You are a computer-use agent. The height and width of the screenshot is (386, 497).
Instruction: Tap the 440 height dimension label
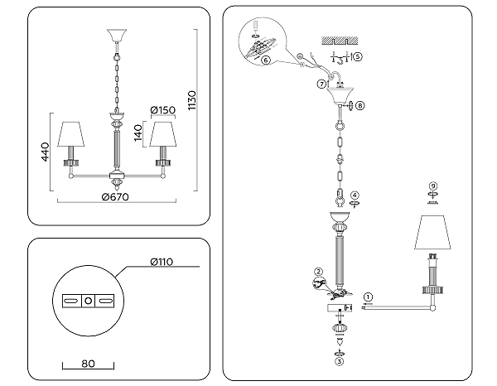(x=46, y=151)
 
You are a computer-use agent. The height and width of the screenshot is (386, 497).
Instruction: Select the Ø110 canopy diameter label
(x=161, y=262)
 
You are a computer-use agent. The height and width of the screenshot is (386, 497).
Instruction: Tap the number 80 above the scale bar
(x=89, y=363)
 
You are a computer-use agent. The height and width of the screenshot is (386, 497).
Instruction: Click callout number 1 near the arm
(x=369, y=297)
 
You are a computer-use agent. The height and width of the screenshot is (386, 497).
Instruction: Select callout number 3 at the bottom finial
(x=337, y=360)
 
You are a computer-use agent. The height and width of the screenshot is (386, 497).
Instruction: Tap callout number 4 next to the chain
(x=355, y=195)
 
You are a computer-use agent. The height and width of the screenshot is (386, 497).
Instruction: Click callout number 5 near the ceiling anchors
(x=356, y=57)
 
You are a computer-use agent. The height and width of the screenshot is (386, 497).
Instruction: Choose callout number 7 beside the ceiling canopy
(x=321, y=84)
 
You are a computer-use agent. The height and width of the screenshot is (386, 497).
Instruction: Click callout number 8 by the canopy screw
(x=360, y=106)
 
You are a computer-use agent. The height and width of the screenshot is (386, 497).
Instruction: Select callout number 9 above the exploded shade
(x=432, y=185)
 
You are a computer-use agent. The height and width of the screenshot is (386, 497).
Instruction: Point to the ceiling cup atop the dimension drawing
(x=114, y=36)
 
